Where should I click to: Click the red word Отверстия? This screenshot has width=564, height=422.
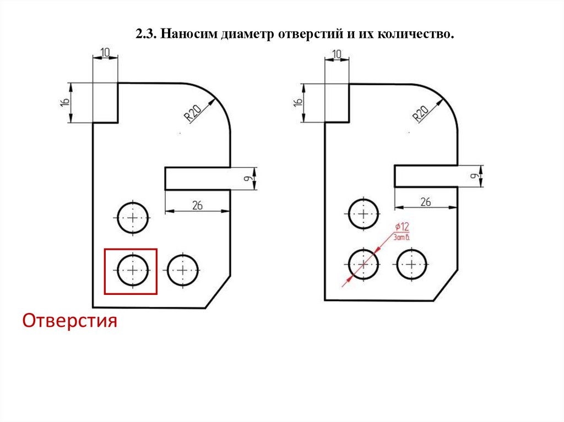coord(70,320)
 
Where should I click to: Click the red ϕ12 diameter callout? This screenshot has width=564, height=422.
coord(402,227)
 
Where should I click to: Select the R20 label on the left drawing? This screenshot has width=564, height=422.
coord(192,114)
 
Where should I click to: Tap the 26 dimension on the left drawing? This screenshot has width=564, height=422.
coord(197,205)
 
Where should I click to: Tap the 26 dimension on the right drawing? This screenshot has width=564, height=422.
coord(426,202)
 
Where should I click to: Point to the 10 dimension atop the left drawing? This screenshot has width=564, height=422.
coord(105,52)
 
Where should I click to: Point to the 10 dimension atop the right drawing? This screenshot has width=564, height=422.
coord(337,53)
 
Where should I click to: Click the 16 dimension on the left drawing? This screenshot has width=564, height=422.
coord(64,102)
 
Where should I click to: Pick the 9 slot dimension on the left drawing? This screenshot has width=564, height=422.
coord(248,179)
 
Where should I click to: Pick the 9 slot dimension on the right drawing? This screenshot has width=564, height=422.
coord(473,176)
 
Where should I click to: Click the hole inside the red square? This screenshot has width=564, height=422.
coord(133,271)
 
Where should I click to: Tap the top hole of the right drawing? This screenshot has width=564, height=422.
coord(363,214)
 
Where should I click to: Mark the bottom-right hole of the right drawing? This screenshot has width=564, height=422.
coord(412,264)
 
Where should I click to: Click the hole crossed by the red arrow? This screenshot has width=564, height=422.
coord(363,264)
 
